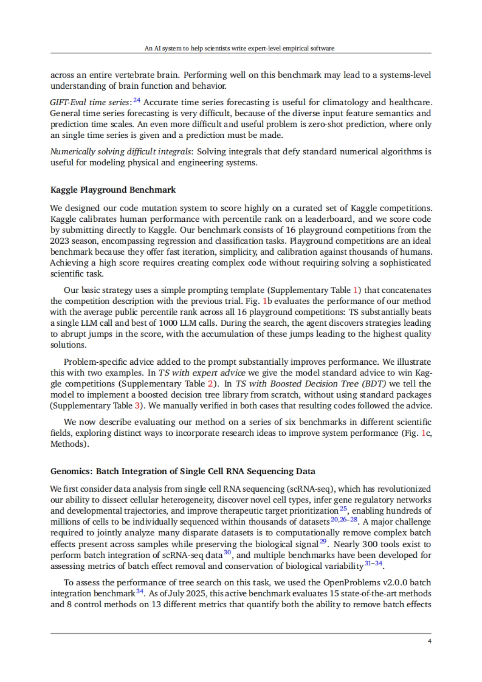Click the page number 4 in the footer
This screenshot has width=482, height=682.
[x=429, y=641]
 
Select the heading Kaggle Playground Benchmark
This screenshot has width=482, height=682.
[x=113, y=190]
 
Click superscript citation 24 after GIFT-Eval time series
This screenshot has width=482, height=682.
[x=137, y=100]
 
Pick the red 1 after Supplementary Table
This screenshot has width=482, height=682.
[x=355, y=290]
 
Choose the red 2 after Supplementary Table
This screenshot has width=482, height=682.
[x=210, y=384]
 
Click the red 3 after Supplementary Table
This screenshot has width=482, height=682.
[x=137, y=405]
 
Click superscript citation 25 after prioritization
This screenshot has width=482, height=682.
[x=343, y=508]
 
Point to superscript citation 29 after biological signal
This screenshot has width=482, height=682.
[x=323, y=542]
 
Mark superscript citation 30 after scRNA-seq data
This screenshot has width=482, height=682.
[x=227, y=553]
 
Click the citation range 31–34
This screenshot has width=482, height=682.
[x=373, y=564]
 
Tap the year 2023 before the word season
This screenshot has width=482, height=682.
[x=59, y=241]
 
